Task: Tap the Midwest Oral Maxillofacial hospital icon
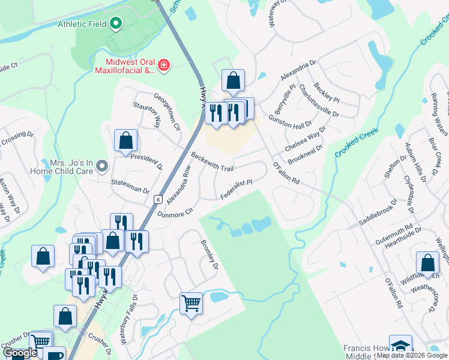click(163, 65)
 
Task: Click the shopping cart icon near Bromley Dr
click(191, 303)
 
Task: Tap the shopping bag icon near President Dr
click(126, 140)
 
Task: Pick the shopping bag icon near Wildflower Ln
click(427, 263)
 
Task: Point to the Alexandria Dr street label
click(297, 71)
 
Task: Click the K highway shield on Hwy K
click(158, 199)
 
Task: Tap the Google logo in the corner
click(20, 353)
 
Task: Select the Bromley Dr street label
click(208, 255)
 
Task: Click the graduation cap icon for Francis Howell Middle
click(400, 346)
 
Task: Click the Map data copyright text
click(412, 355)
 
